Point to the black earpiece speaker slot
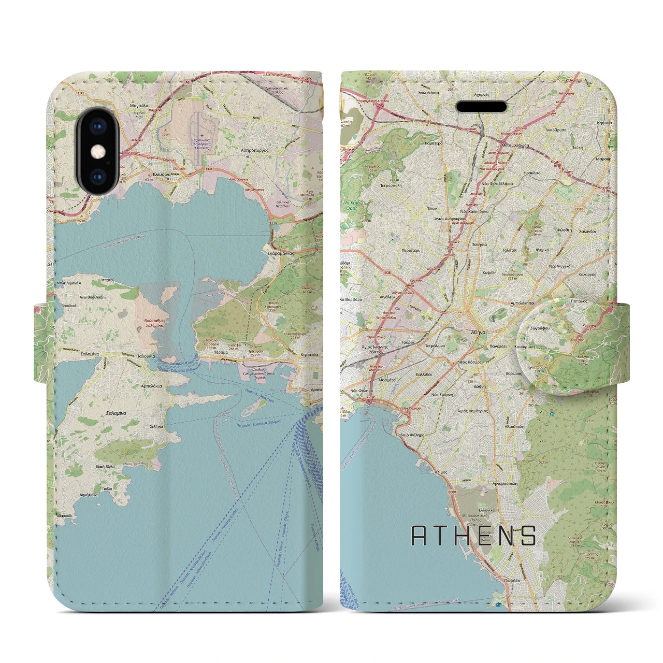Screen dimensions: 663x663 point(481,107)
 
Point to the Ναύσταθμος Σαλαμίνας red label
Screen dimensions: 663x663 point(154,324)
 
